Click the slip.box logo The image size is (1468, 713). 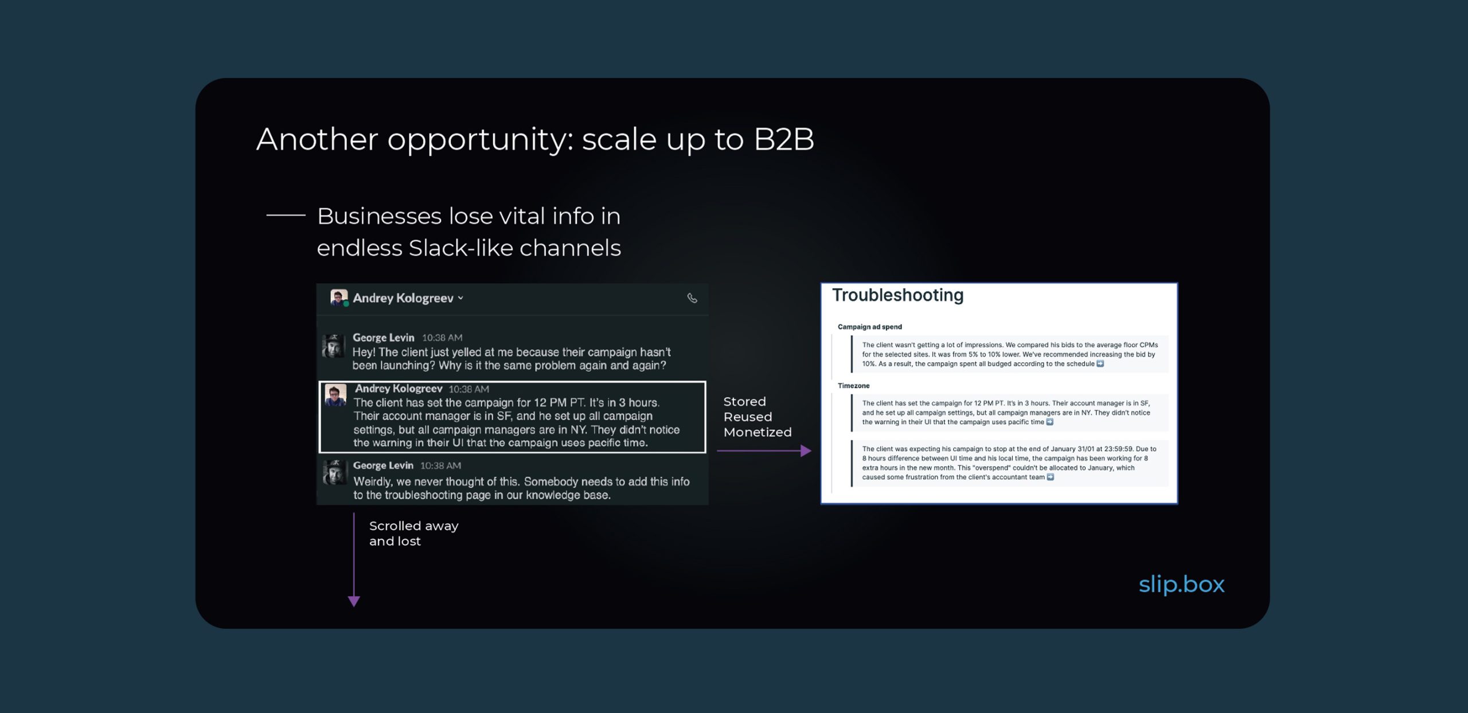pos(1181,585)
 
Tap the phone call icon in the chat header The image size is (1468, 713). pos(692,298)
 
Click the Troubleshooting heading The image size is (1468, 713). pos(897,295)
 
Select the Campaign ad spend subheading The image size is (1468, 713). pos(869,327)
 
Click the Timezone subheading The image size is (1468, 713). pos(853,386)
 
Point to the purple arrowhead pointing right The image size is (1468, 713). pos(806,451)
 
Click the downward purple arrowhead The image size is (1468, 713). pos(354,601)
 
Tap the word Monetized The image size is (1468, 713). pos(758,432)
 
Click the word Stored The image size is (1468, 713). pos(744,401)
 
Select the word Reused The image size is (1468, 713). pos(748,417)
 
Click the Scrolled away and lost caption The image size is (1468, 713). pos(413,534)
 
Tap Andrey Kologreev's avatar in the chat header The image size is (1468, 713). pos(339,297)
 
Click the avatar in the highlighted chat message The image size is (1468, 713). pos(335,395)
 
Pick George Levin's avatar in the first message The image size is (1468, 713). pos(333,346)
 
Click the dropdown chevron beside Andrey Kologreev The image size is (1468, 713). pos(460,298)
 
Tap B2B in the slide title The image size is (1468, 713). pos(783,139)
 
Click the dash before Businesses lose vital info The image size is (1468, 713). pos(286,216)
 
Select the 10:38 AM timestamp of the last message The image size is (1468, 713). pos(440,466)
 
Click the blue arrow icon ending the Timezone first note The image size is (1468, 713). pos(1049,422)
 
